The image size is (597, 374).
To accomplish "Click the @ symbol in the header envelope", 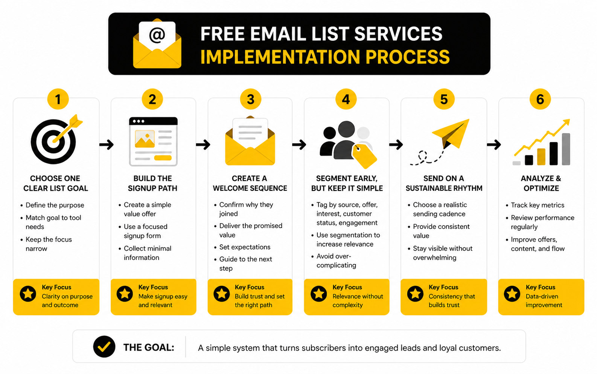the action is [157, 35].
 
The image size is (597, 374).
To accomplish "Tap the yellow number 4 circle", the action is [346, 99].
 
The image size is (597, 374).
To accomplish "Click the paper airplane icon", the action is [451, 133].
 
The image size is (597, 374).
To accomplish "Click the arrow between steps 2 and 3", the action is [203, 145].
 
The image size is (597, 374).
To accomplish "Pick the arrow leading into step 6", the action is [494, 145].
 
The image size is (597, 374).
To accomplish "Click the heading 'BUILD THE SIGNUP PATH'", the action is [152, 183].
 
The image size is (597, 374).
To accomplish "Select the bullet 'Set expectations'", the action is [245, 247].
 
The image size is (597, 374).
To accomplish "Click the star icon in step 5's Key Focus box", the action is [415, 294].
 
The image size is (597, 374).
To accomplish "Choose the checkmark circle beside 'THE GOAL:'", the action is [104, 346].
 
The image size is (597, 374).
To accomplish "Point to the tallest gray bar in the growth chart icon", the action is [566, 149].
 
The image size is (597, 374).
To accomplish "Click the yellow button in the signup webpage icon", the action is [163, 158].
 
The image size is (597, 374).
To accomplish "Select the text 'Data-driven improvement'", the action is [544, 300].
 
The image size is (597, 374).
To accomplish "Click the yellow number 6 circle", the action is [540, 99].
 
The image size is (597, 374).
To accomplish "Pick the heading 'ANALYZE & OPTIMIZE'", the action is [541, 183].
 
